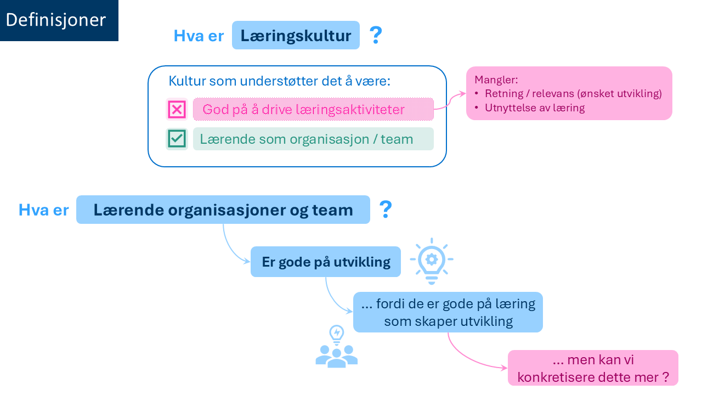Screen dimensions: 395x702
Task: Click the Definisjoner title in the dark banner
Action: pyautogui.click(x=55, y=20)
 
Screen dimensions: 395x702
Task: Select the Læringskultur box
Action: pyautogui.click(x=296, y=36)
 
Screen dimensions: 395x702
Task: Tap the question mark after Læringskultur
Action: pyautogui.click(x=375, y=36)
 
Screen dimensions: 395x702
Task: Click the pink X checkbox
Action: pyautogui.click(x=177, y=109)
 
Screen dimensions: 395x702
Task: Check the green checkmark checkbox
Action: pyautogui.click(x=177, y=139)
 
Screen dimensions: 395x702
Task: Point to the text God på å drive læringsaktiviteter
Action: pyautogui.click(x=303, y=109)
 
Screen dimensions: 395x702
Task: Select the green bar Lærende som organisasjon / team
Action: pyautogui.click(x=313, y=139)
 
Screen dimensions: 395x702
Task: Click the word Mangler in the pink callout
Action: pyautogui.click(x=496, y=79)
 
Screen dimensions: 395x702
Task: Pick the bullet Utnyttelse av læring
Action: pyautogui.click(x=535, y=108)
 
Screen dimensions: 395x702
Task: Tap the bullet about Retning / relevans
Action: pyautogui.click(x=573, y=93)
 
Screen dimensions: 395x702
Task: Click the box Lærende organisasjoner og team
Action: pyautogui.click(x=223, y=210)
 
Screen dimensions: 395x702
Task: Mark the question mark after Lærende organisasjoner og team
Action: pyautogui.click(x=386, y=210)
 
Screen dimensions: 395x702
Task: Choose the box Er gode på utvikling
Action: pyautogui.click(x=326, y=262)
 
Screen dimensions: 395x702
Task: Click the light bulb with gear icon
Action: pyautogui.click(x=432, y=261)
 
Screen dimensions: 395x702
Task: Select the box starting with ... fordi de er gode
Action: pyautogui.click(x=448, y=312)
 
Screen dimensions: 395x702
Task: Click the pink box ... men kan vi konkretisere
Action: pyautogui.click(x=593, y=368)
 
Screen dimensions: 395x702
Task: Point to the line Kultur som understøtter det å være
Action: pyautogui.click(x=279, y=81)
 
